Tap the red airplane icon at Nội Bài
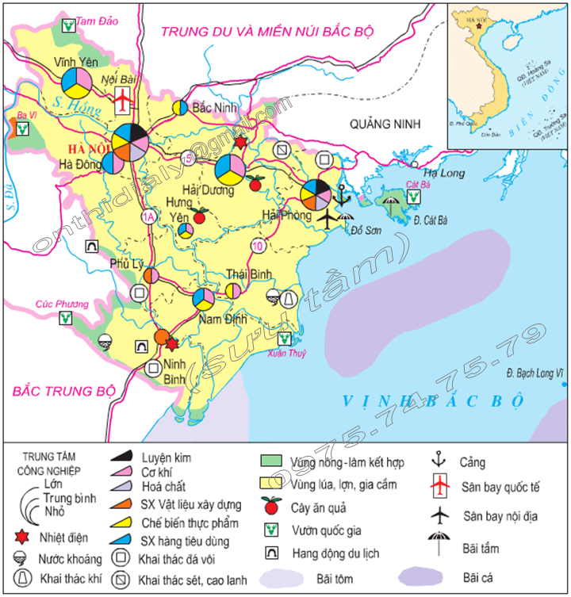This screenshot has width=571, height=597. click(x=123, y=100)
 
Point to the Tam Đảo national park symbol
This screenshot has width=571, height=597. click(x=70, y=27)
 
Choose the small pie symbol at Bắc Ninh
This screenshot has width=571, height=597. click(x=181, y=107)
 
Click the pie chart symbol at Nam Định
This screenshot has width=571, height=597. click(x=203, y=299)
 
